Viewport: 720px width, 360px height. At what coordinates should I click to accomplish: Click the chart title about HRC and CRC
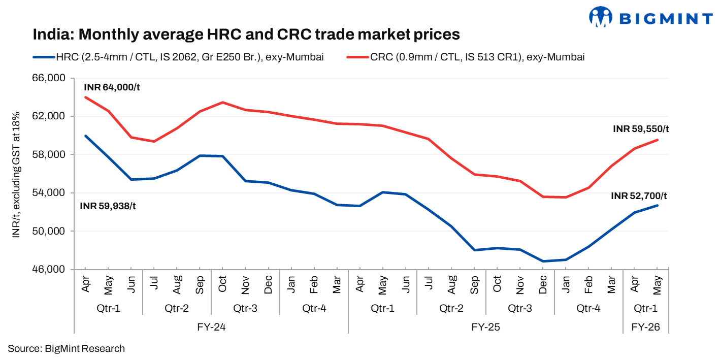tap(246, 35)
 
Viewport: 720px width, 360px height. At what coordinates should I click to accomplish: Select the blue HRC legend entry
tap(178, 57)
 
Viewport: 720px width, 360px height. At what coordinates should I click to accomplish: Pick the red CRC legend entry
tap(465, 57)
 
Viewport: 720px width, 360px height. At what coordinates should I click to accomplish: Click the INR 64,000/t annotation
tap(112, 87)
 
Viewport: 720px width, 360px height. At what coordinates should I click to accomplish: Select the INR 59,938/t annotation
tap(108, 206)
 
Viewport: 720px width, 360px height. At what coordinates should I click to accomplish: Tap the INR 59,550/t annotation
tap(641, 129)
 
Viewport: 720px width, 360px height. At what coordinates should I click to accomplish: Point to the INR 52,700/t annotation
tap(639, 196)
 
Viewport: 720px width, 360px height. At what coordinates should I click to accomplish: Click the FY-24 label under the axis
tap(211, 328)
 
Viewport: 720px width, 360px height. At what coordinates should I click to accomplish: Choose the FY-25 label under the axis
tap(485, 328)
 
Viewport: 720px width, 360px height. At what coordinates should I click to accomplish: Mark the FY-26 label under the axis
tap(646, 328)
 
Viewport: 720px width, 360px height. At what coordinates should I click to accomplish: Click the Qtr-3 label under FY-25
tap(520, 308)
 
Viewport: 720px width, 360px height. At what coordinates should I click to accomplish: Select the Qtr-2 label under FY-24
tap(177, 308)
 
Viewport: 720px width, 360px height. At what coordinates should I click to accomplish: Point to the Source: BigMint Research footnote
tap(66, 348)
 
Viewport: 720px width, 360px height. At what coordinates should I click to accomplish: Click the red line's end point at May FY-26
tap(658, 140)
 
